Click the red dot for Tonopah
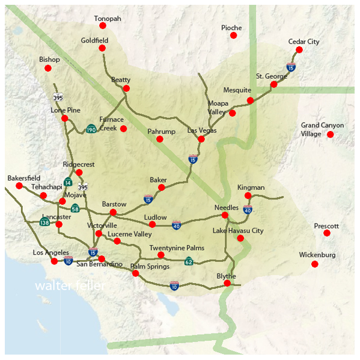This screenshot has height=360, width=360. pyautogui.click(x=102, y=26)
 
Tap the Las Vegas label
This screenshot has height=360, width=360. pyautogui.click(x=202, y=130)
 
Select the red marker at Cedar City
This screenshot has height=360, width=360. pyautogui.click(x=299, y=50)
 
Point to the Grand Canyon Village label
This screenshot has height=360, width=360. pyautogui.click(x=322, y=129)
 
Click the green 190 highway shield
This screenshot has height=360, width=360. pyautogui.click(x=91, y=129)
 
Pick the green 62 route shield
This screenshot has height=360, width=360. pyautogui.click(x=189, y=261)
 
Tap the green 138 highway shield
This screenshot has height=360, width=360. pyautogui.click(x=44, y=222)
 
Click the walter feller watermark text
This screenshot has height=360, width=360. pyautogui.click(x=70, y=285)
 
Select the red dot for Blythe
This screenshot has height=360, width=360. pyautogui.click(x=227, y=283)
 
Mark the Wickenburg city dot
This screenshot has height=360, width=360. pyautogui.click(x=314, y=264)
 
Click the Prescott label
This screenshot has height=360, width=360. pyautogui.click(x=326, y=226)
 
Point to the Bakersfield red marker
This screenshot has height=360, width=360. pyautogui.click(x=19, y=186)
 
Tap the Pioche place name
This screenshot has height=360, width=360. pyautogui.click(x=231, y=28)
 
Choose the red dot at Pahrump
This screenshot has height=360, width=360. pyautogui.click(x=160, y=139)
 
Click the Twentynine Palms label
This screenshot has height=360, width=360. pyautogui.click(x=177, y=248)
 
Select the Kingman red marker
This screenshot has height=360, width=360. pyautogui.click(x=248, y=196)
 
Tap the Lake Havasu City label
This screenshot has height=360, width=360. pyautogui.click(x=238, y=231)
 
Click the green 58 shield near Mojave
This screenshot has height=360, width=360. pyautogui.click(x=75, y=209)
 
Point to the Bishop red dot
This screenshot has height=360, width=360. pyautogui.click(x=48, y=68)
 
